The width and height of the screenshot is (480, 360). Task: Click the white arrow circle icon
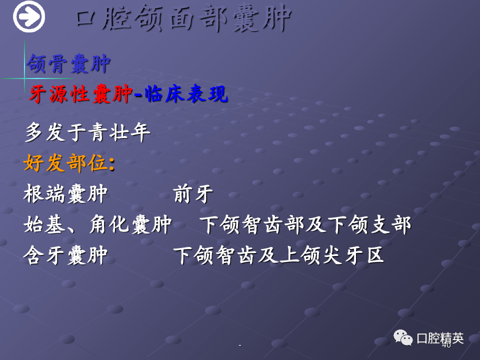pos(29,16)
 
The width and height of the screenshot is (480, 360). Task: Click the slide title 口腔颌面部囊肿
pos(183,18)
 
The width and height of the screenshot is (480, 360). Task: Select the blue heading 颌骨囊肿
pos(68,63)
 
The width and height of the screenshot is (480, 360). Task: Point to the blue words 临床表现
pos(186,93)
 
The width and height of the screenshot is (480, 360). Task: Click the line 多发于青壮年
pos(87,132)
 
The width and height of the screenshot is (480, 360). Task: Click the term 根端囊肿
pos(65,193)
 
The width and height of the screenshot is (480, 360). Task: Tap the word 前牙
pos(193,193)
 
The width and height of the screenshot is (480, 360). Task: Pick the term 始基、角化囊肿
pos(97,224)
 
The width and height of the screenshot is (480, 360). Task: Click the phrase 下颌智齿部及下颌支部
pos(305,224)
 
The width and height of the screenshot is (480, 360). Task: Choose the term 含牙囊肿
pos(65,255)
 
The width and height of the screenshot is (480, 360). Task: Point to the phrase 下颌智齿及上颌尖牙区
pos(278,255)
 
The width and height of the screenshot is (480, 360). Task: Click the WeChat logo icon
pos(403,337)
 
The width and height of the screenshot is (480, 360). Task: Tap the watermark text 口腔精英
pos(440,338)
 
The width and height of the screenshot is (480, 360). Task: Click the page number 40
pos(446,345)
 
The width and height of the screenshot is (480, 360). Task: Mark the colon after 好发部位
pos(111,164)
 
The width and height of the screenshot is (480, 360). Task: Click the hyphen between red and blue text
pos(138,95)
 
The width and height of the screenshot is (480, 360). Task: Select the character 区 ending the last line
pos(375,255)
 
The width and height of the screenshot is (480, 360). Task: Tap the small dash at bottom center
pos(239,345)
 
